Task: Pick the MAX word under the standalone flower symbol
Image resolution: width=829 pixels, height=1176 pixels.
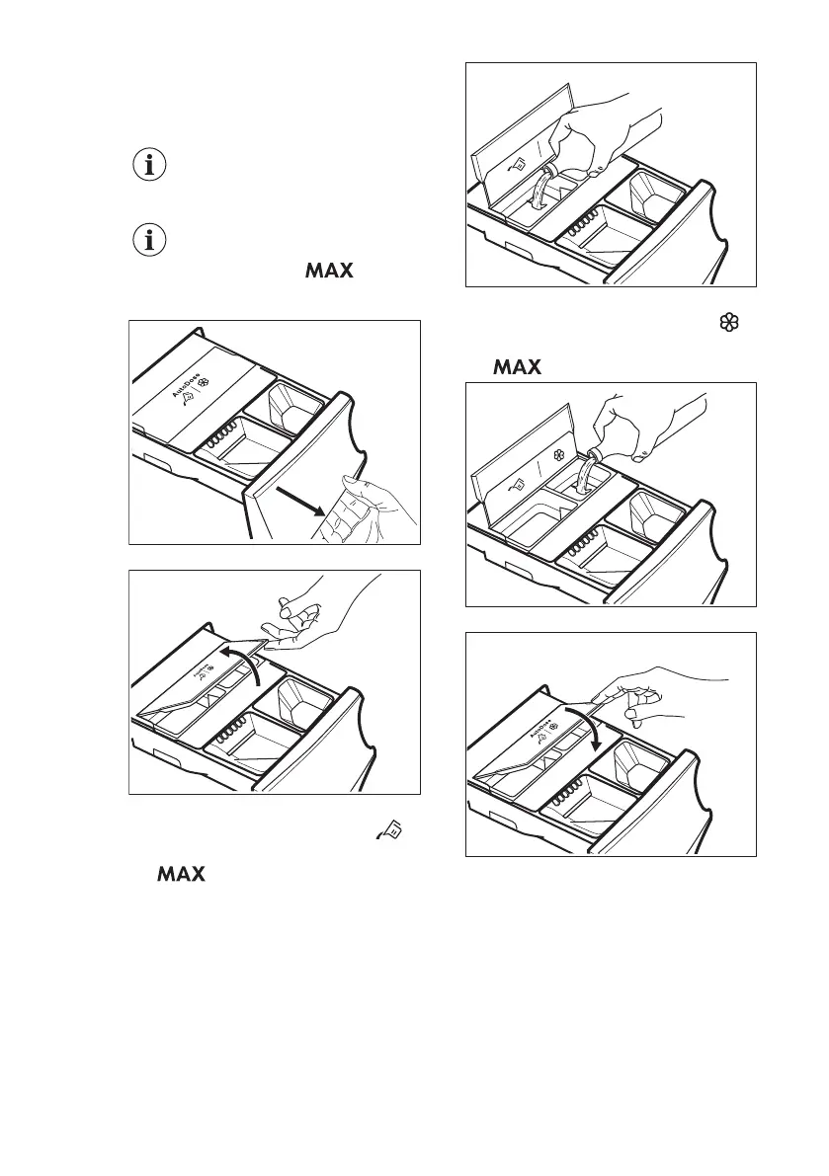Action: tap(517, 367)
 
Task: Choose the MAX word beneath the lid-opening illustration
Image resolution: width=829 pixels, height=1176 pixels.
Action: tap(179, 848)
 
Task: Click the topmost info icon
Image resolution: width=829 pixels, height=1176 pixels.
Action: tap(150, 165)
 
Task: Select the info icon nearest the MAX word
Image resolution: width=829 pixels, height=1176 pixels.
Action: tap(150, 238)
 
